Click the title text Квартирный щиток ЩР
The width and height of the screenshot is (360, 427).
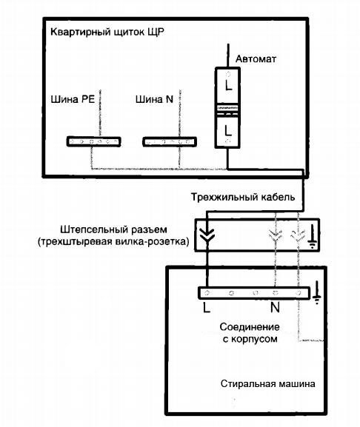click(107, 33)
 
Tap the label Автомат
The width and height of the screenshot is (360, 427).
click(256, 58)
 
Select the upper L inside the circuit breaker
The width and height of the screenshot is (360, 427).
click(228, 85)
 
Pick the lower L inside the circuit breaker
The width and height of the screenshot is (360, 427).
click(228, 130)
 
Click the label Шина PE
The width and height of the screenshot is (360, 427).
click(73, 99)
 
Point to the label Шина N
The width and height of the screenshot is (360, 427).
click(154, 99)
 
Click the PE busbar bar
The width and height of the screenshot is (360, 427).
click(94, 141)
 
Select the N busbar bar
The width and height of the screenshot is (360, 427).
click(170, 141)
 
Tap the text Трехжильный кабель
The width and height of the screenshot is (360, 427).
click(243, 197)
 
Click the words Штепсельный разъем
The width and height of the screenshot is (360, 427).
click(113, 229)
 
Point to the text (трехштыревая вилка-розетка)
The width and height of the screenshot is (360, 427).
click(113, 242)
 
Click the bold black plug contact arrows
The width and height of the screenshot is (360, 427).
click(207, 235)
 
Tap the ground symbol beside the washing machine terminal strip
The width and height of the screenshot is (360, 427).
click(316, 293)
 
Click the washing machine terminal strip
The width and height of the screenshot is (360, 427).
click(254, 293)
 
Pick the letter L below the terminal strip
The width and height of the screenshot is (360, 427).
click(207, 308)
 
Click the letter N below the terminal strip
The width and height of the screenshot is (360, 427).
click(275, 307)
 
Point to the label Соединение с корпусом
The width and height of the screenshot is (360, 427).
click(250, 333)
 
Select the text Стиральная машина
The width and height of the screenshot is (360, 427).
click(268, 384)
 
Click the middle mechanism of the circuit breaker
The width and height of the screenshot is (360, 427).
click(227, 110)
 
